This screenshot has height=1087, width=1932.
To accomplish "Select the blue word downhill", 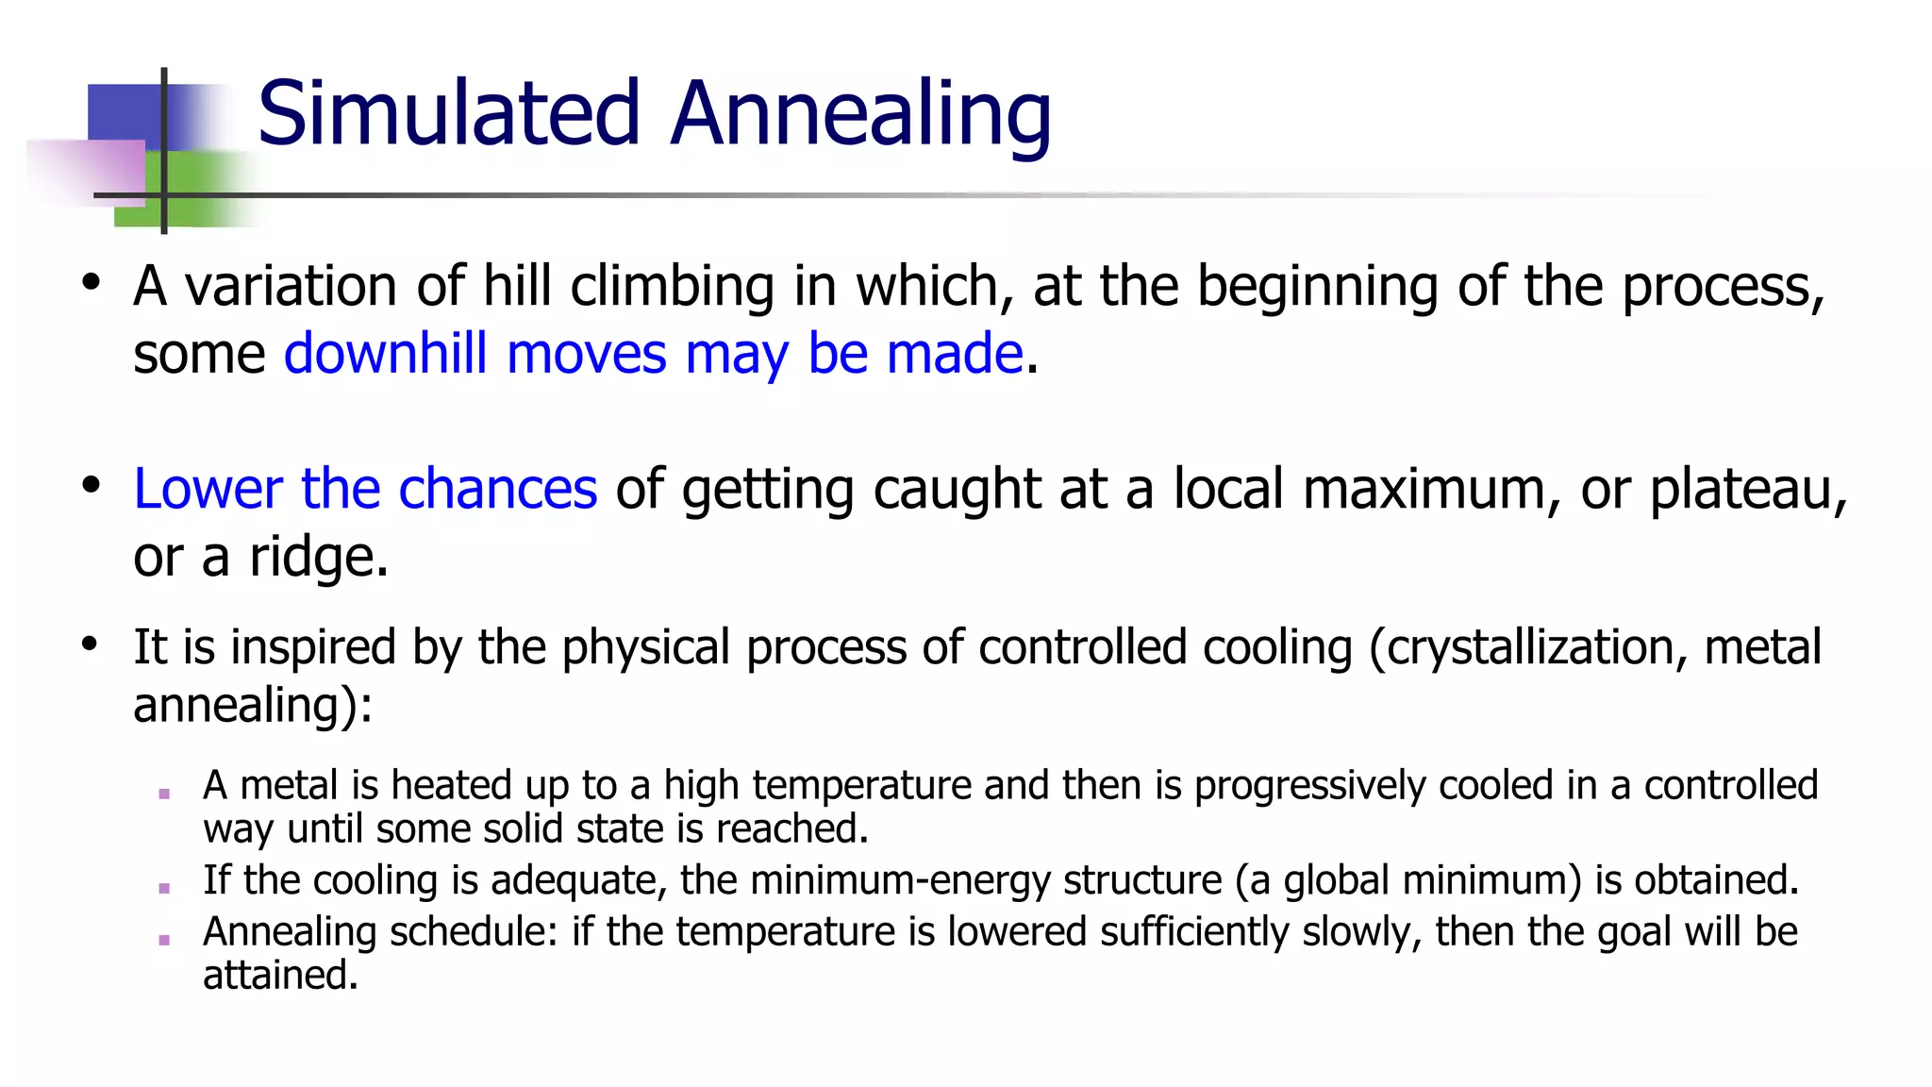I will (x=385, y=353).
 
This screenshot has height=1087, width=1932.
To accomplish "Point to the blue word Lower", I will (x=208, y=489).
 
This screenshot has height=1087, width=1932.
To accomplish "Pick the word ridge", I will (x=317, y=557).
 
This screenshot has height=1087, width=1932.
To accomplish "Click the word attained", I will (x=279, y=975).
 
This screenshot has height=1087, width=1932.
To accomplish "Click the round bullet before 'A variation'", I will (x=91, y=282).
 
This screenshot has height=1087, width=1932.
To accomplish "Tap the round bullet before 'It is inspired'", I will (x=90, y=644).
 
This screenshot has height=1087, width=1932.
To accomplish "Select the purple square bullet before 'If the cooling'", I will (x=164, y=888).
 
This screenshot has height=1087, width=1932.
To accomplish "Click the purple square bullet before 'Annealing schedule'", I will (x=164, y=940).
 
